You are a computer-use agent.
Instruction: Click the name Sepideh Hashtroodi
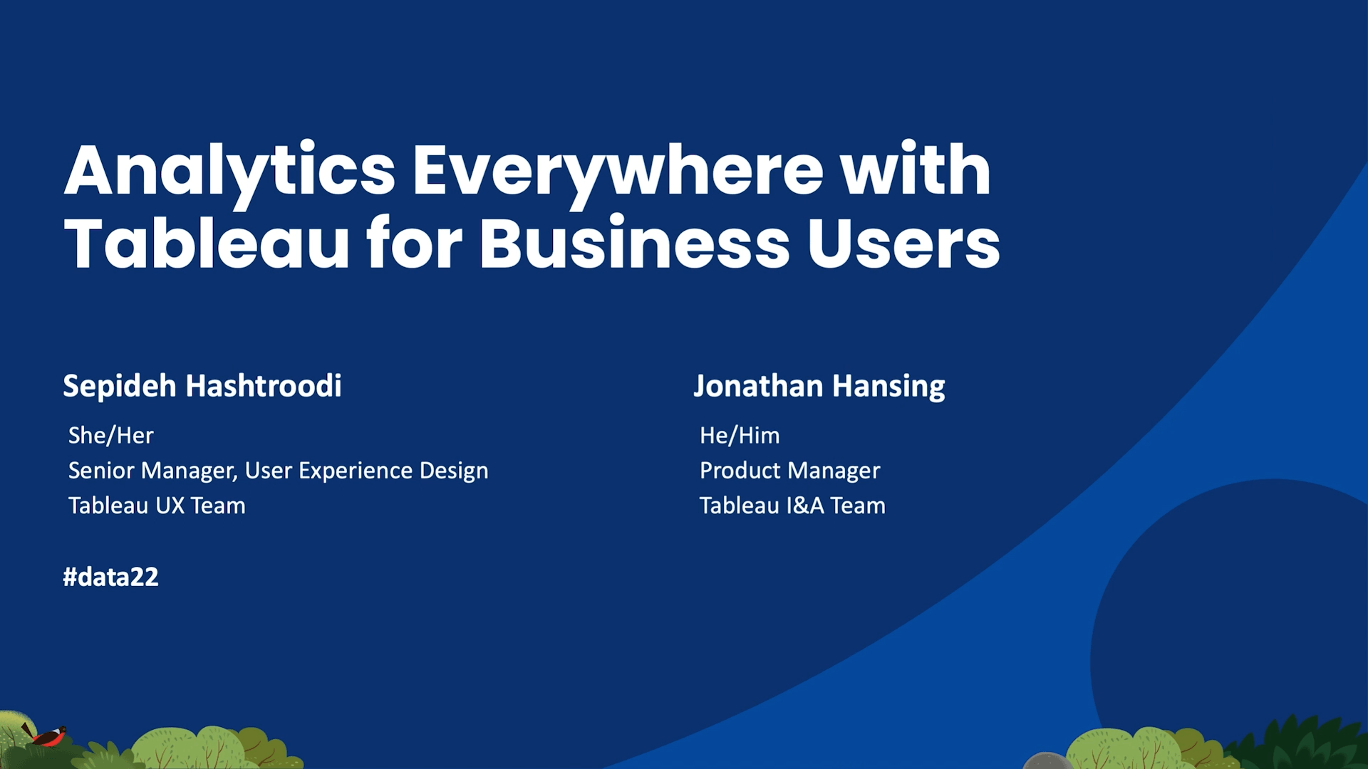(202, 386)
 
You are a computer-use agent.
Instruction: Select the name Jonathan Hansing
(819, 386)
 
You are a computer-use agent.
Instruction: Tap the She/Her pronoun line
(110, 435)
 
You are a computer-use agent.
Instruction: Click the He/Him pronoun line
(740, 435)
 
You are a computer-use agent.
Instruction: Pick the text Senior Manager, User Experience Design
(279, 471)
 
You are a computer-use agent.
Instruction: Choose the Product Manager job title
(790, 471)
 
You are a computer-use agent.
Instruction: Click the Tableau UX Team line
(157, 506)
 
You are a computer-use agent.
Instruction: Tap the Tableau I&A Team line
(792, 506)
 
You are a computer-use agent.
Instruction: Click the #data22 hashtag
(110, 577)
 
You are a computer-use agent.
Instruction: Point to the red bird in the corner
(46, 736)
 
